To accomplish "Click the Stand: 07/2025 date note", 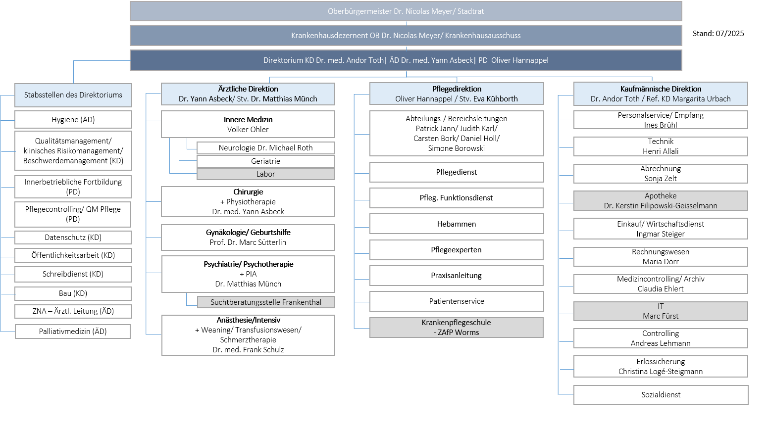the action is pos(718,34).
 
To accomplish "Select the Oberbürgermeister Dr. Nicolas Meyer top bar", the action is pos(406,11).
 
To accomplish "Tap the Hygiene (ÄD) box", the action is pos(73,120).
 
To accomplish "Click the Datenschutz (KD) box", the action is pos(73,238).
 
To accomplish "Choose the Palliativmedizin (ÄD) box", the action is pos(73,332).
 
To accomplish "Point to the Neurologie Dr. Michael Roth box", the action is pos(265,147).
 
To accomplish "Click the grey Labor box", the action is pos(265,174).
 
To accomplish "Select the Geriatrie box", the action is pos(265,161).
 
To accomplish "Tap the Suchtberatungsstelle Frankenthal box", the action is pos(266,302).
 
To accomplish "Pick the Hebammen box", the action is pos(457,224).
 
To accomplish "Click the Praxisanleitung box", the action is pos(457,276).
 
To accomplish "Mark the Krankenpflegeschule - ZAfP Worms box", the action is pos(457,328).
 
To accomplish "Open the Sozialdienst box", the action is pos(661,395).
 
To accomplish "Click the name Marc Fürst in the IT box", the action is pos(661,316).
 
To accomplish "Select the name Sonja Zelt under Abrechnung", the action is pos(661,179).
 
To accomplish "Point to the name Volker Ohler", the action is pos(248,130).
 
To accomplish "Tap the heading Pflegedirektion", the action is pos(457,89).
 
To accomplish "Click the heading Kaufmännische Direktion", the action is pos(661,89).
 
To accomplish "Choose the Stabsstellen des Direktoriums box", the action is pos(73,95).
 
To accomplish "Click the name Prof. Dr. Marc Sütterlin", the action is pos(248,242).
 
